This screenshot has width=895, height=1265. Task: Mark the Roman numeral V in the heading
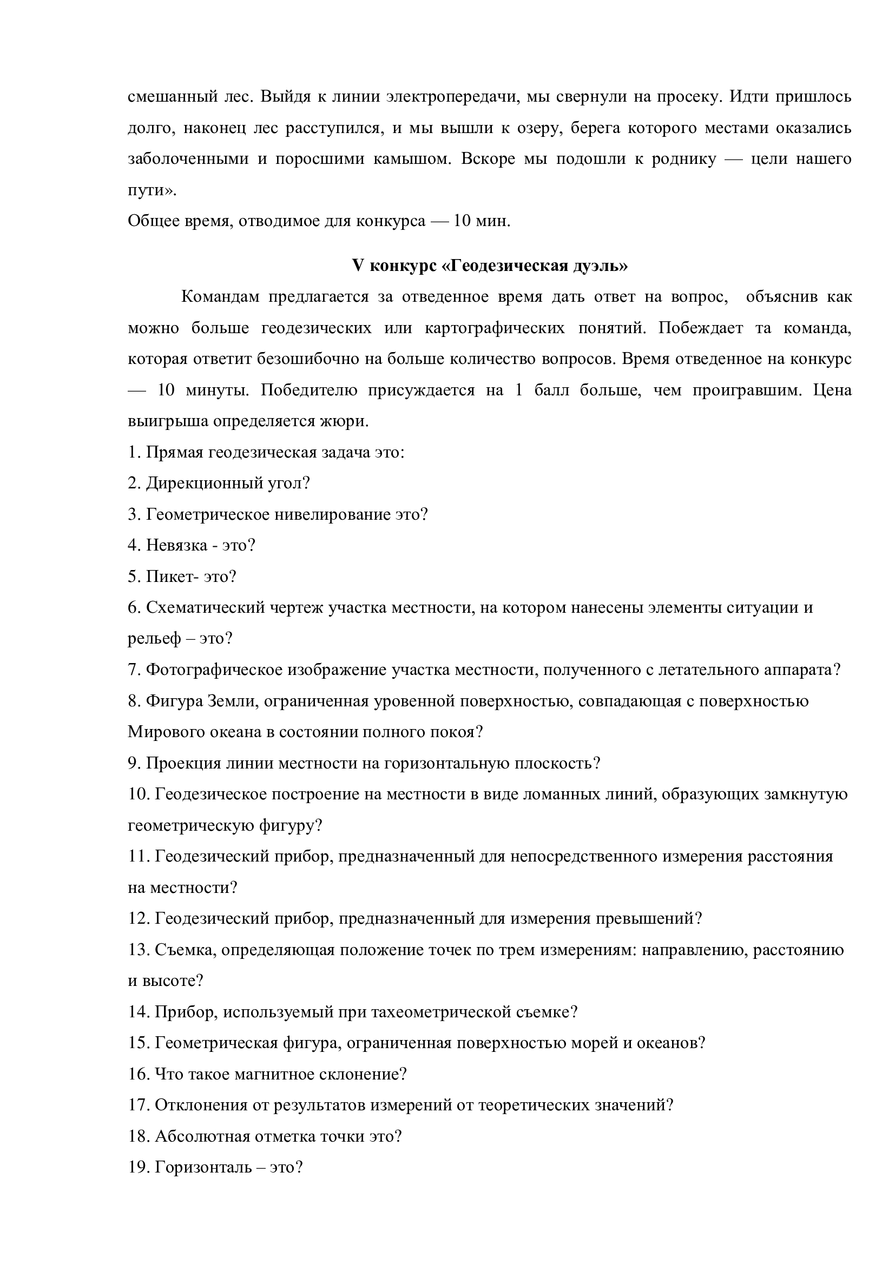[x=358, y=266]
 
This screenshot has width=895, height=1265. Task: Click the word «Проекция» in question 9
[x=181, y=764]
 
